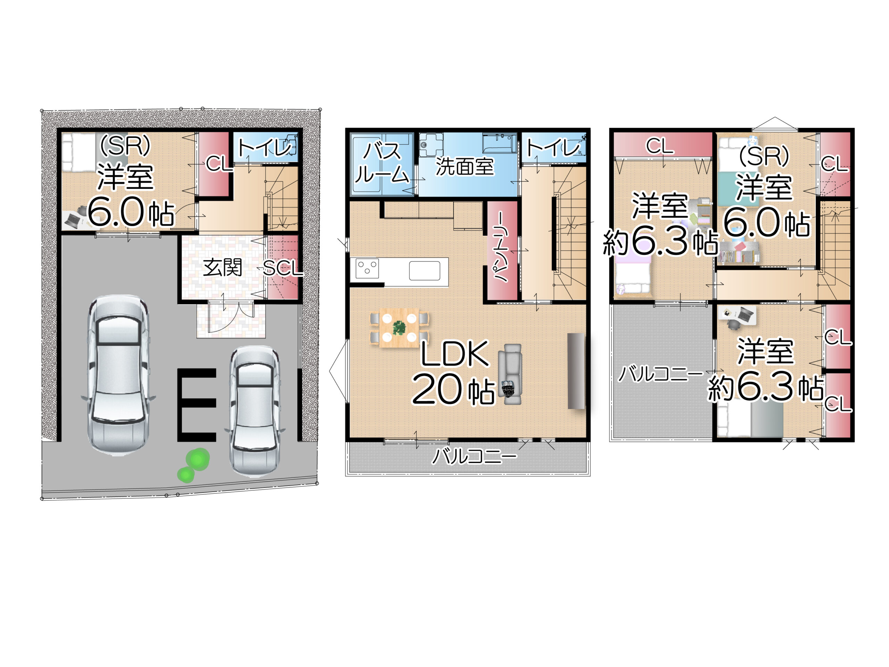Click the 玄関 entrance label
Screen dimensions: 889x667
pos(222,268)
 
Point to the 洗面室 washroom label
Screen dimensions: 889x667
pos(465,166)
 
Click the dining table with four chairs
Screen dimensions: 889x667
pos(399,328)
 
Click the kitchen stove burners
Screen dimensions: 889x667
pos(367,268)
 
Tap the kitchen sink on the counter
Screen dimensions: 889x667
pos(424,270)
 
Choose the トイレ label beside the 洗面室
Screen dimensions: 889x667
pos(553,148)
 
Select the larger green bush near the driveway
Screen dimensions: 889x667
pos(197,459)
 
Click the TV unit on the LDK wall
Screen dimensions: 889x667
pos(576,371)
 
